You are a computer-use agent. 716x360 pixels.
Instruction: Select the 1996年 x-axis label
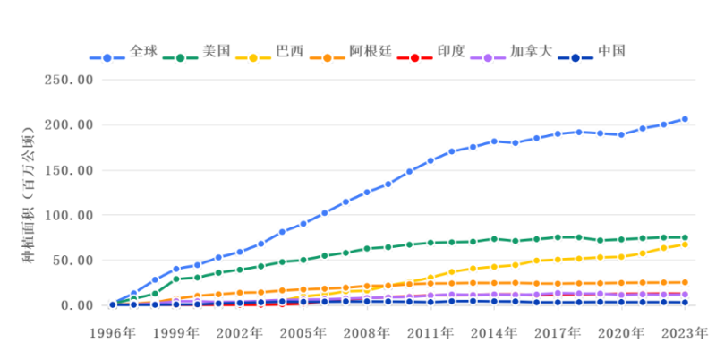click(112, 334)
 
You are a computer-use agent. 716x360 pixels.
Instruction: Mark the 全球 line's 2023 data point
click(685, 119)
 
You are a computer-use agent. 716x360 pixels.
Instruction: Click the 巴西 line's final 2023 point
click(685, 244)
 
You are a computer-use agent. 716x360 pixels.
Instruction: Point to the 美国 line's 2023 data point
click(685, 237)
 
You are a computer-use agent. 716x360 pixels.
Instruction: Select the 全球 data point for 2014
click(494, 141)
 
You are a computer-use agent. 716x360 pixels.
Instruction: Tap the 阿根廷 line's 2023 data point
click(685, 282)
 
